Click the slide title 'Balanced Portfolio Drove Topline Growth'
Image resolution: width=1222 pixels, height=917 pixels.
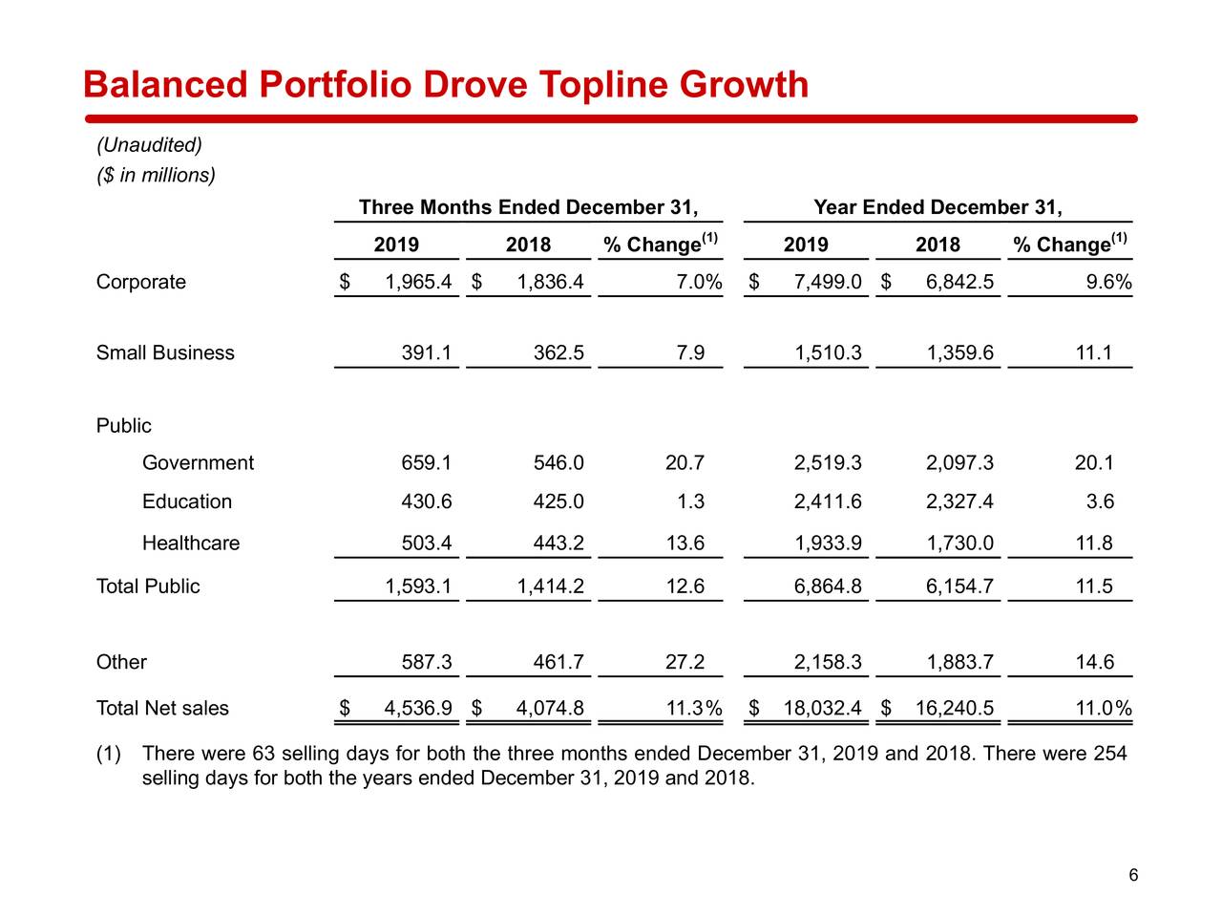click(446, 85)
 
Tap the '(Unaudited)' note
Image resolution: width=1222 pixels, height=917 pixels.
click(149, 145)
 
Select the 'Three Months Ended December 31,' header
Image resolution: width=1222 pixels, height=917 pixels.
click(528, 207)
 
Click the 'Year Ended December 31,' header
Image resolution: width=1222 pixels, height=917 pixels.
click(938, 207)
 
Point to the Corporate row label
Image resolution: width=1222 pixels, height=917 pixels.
click(141, 282)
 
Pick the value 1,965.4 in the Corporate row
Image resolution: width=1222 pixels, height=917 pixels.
click(418, 282)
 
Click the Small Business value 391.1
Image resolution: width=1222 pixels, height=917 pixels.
click(426, 352)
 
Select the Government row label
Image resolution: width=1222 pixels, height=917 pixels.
click(198, 463)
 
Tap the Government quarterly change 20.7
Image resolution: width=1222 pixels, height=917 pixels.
click(685, 463)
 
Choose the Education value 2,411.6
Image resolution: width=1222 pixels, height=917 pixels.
click(827, 501)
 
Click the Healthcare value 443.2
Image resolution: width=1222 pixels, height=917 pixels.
click(558, 544)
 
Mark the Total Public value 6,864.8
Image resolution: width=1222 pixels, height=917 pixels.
click(827, 586)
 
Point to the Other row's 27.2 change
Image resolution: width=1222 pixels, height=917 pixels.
click(685, 662)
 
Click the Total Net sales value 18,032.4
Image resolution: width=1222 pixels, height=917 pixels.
click(822, 708)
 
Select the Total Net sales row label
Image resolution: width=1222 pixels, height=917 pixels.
click(162, 708)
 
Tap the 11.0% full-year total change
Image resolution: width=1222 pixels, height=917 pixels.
click(1103, 708)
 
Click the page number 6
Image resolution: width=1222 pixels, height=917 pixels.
click(1133, 876)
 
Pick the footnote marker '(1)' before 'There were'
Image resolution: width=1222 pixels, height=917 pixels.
click(109, 754)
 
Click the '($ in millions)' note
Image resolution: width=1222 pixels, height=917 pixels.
click(156, 175)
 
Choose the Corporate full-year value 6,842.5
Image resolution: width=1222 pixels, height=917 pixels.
click(959, 282)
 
